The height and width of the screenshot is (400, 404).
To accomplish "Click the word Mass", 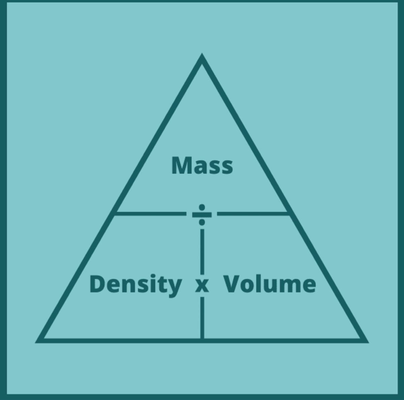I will click(202, 165).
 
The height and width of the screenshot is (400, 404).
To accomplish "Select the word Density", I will click(135, 285).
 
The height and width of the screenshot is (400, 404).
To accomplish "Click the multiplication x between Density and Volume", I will click(202, 286).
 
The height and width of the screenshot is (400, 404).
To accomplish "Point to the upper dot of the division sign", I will click(202, 207).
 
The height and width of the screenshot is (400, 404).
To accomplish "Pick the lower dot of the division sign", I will click(202, 222).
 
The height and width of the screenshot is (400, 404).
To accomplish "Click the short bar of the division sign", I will click(202, 214).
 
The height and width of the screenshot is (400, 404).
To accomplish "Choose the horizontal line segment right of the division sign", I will click(252, 214).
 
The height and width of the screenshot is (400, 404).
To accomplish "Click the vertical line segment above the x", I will click(202, 251).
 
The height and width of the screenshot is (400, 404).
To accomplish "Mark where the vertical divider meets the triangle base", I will click(202, 340).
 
